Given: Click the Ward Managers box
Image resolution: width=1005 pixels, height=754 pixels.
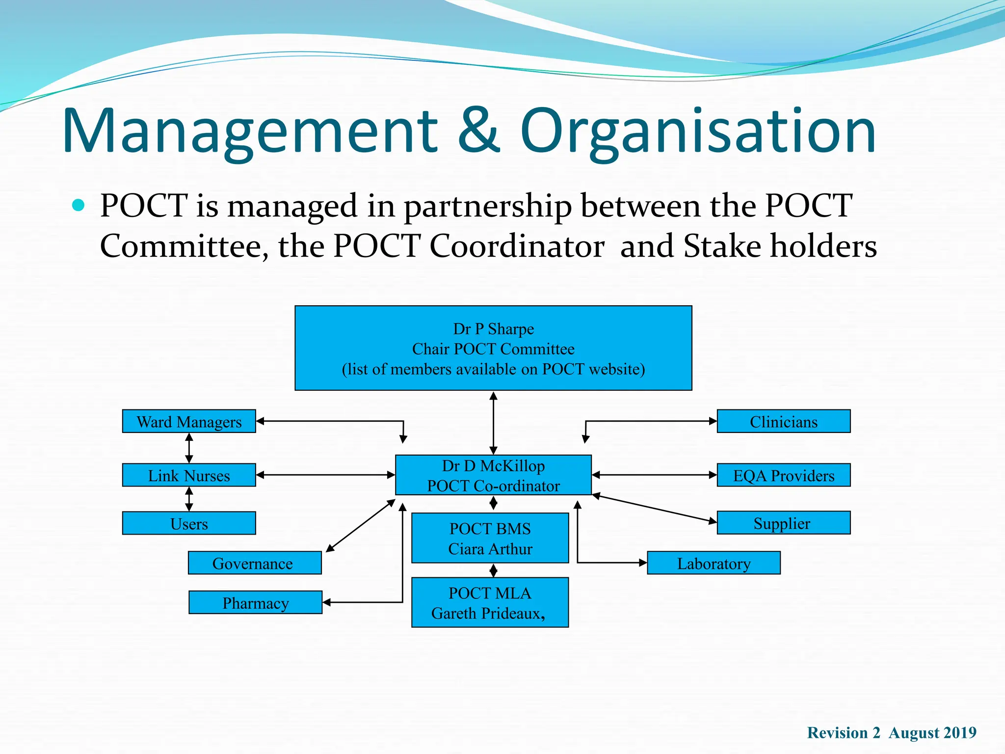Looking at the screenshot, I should [189, 421].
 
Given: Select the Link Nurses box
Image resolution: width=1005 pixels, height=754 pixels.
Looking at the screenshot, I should [189, 475].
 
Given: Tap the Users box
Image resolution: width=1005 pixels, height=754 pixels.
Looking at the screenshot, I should [189, 523].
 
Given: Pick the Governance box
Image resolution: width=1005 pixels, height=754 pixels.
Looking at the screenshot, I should [255, 563].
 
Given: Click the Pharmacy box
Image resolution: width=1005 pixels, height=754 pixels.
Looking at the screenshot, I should [255, 602].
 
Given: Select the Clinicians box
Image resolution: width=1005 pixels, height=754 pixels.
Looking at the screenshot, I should [784, 421].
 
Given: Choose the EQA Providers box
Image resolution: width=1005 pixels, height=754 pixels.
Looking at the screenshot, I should [784, 475].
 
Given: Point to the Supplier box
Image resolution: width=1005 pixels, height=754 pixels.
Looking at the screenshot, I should [784, 523].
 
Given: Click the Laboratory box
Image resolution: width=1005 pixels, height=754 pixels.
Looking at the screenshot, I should [714, 563].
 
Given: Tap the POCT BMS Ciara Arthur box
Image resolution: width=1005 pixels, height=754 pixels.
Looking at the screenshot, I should [490, 538].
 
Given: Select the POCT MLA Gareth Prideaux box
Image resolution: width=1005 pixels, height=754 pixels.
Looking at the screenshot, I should [490, 602].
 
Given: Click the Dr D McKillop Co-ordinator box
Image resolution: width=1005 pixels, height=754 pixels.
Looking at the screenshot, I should [493, 475].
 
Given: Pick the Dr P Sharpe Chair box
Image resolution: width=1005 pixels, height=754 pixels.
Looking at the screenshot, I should [493, 348].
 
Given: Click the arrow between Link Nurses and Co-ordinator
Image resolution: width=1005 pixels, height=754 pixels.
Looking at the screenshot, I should [325, 475].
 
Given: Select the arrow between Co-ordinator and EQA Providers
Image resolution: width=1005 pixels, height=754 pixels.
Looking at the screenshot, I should [654, 475].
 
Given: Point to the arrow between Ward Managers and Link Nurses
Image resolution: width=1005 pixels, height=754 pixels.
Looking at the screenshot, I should [189, 448].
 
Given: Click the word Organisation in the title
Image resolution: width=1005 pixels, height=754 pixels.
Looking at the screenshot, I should [698, 131].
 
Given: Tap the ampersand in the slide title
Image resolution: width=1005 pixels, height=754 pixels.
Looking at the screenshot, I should [479, 131].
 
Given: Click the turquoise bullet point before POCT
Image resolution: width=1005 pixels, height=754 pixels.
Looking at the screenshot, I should [78, 205].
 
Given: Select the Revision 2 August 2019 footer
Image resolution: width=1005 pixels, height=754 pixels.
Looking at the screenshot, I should [892, 733].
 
